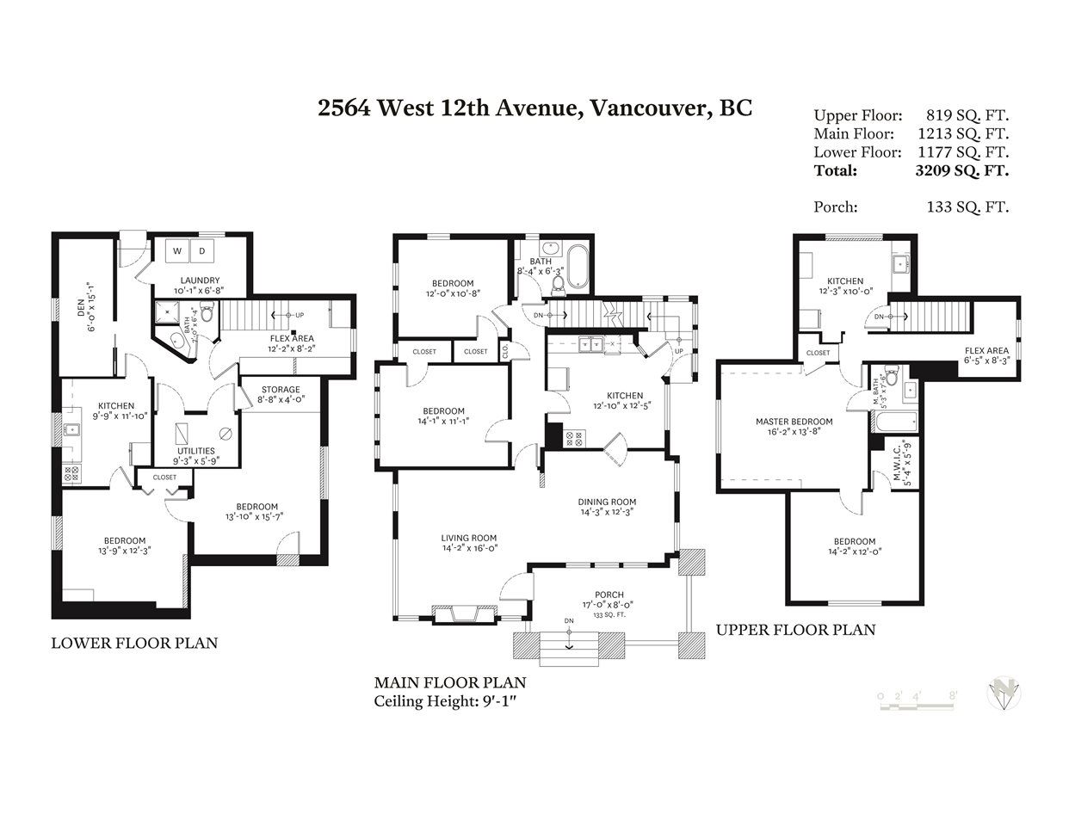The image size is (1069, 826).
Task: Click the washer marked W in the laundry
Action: [177, 251]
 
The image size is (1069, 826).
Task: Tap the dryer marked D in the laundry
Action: [202, 251]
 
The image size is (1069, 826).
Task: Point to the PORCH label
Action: [609, 595]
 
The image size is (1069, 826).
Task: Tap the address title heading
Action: [534, 108]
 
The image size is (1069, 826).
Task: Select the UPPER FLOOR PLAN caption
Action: [795, 630]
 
